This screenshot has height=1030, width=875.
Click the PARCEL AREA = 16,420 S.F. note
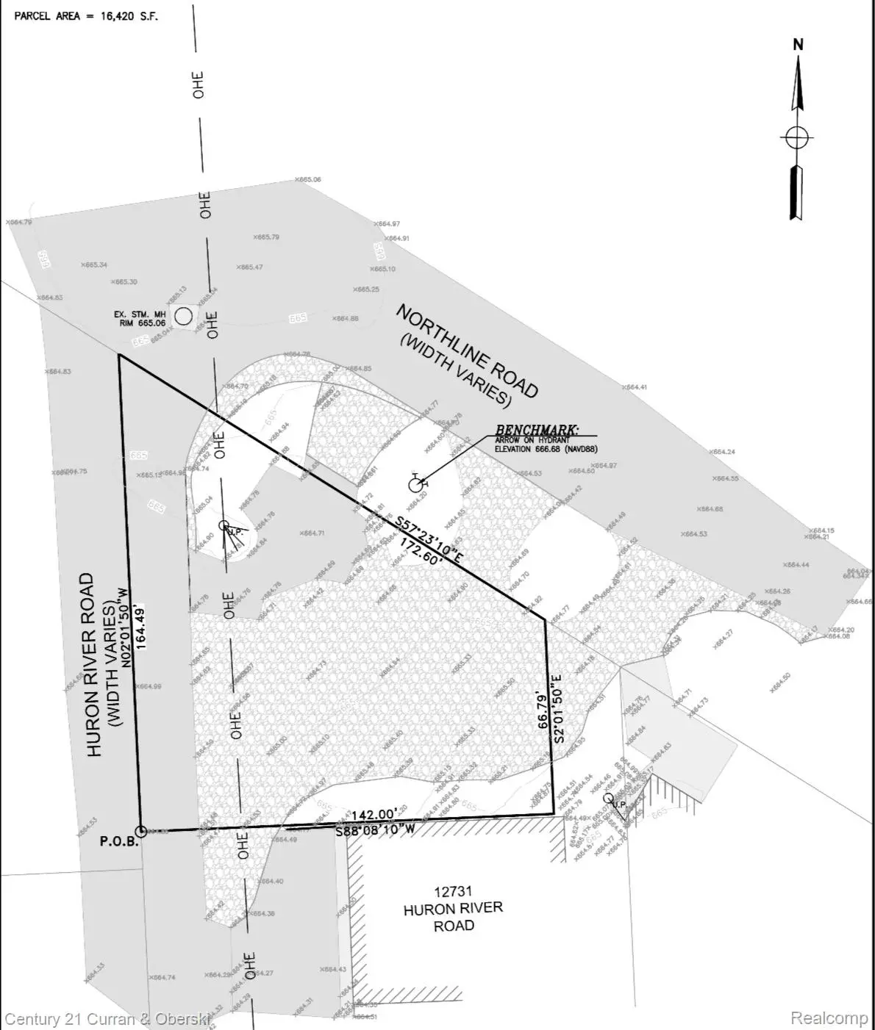click(x=86, y=15)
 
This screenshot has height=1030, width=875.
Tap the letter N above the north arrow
click(x=798, y=45)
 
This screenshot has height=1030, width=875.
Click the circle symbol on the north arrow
click(x=797, y=137)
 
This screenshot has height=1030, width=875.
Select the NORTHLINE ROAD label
click(x=468, y=350)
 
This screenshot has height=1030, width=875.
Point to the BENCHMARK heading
click(x=536, y=430)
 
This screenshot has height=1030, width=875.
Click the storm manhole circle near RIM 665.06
click(x=183, y=317)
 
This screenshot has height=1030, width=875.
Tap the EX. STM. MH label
click(x=140, y=314)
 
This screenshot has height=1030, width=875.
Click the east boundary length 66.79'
click(x=543, y=710)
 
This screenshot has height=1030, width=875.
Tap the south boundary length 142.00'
click(x=375, y=815)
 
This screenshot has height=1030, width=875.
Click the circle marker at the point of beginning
click(x=140, y=831)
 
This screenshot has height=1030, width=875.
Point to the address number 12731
click(x=453, y=892)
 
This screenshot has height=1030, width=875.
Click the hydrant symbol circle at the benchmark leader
click(x=416, y=485)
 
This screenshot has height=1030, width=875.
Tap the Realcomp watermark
click(x=829, y=1018)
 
